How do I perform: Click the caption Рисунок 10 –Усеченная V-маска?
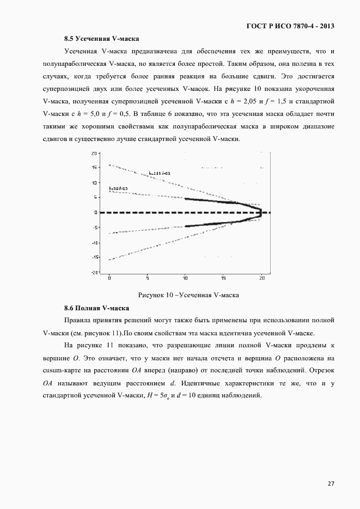[x=189, y=295]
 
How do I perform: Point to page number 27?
[x=331, y=483]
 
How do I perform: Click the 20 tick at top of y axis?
[x=94, y=153]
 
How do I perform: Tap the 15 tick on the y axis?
[x=94, y=168]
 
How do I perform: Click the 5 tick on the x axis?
[x=148, y=278]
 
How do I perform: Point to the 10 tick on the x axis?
[x=186, y=278]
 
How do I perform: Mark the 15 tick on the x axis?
[x=224, y=278]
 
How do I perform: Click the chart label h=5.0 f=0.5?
[x=118, y=189]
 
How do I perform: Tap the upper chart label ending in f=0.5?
[x=159, y=173]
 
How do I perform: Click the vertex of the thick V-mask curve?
[x=262, y=212]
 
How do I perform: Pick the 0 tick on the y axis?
[x=95, y=212]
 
